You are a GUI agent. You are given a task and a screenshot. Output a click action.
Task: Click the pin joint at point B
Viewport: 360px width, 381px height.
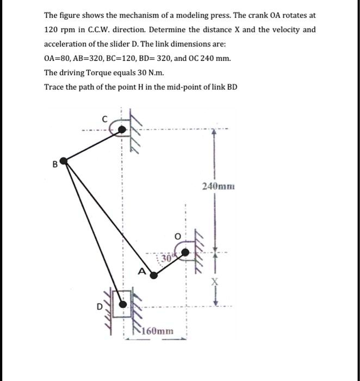(x=64, y=161)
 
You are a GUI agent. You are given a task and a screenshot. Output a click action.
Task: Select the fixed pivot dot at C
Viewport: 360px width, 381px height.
(x=123, y=129)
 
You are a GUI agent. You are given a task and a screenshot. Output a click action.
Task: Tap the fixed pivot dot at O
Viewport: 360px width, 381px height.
(x=186, y=253)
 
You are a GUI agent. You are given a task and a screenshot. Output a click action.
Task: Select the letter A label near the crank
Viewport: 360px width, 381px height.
(x=142, y=272)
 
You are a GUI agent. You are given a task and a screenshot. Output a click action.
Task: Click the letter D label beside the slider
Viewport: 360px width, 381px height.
(x=99, y=307)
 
